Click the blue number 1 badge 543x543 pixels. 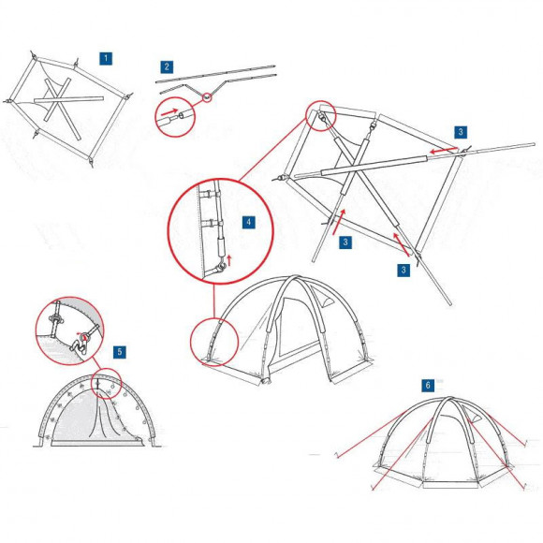click(x=107, y=58)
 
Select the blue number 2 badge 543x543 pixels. click(x=167, y=66)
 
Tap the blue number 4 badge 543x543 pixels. click(x=248, y=223)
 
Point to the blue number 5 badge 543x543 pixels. click(x=119, y=352)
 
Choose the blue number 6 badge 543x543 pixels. click(x=428, y=385)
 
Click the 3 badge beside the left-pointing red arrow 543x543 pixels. click(x=462, y=132)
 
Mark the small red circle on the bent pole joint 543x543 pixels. click(x=206, y=98)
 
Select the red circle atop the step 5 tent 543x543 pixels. click(x=106, y=385)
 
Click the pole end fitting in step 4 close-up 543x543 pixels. click(x=221, y=267)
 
